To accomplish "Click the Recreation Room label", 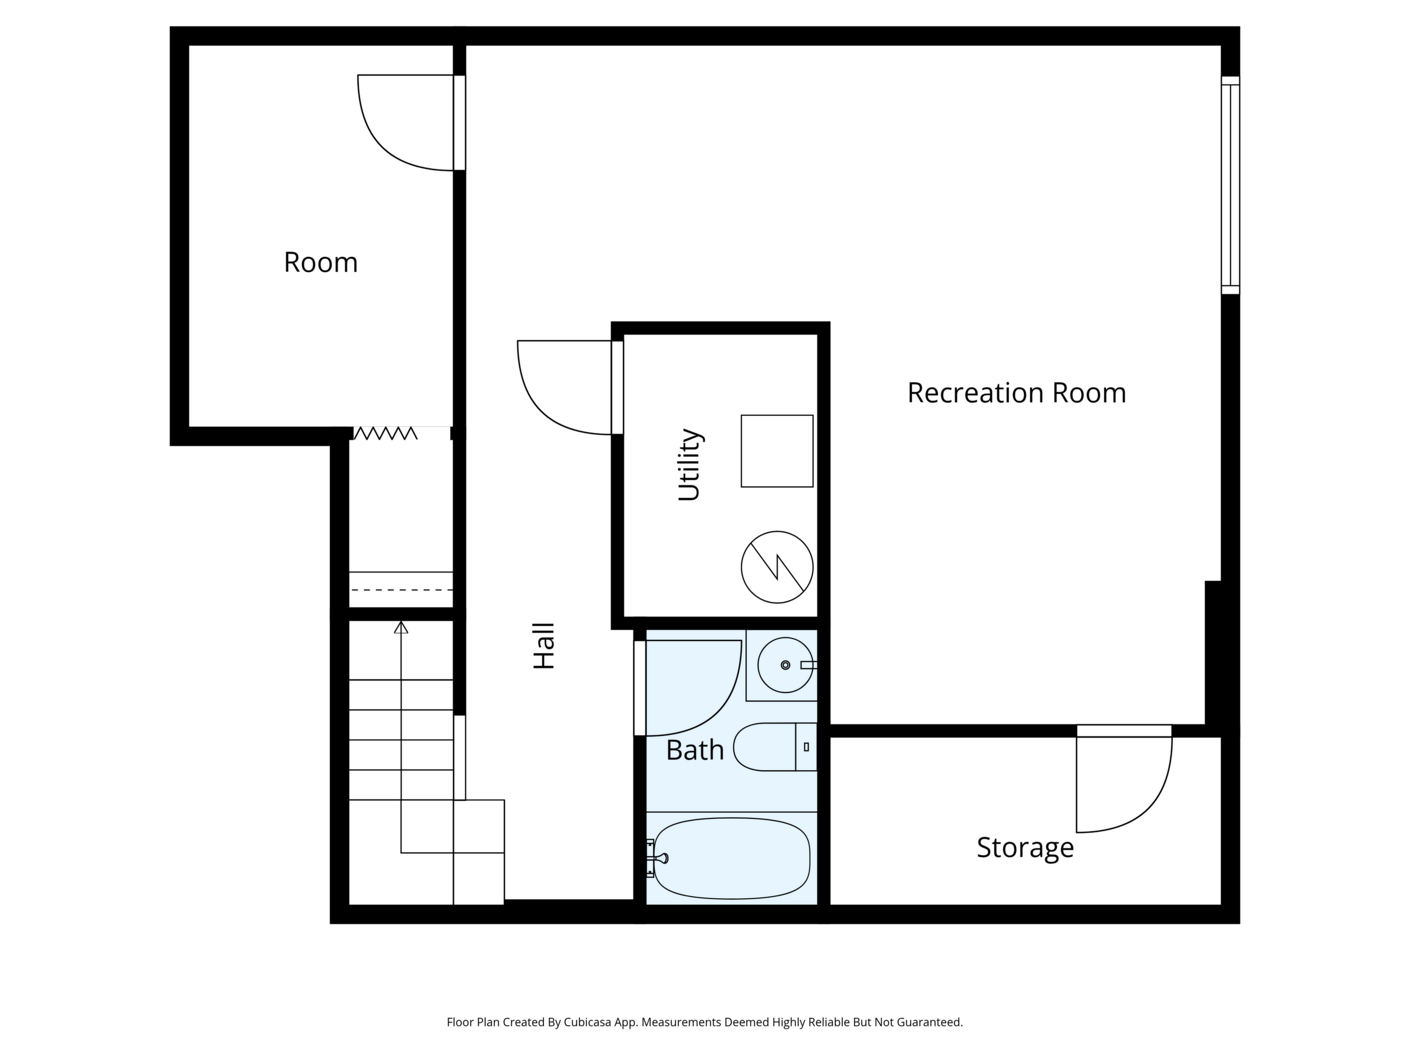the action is pyautogui.click(x=1017, y=393).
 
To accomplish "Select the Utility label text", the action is pyautogui.click(x=690, y=465).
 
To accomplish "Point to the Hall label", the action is pyautogui.click(x=545, y=645).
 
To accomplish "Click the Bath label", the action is pyautogui.click(x=695, y=751).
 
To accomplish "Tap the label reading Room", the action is pyautogui.click(x=321, y=263).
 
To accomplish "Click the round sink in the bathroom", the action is pyautogui.click(x=785, y=665).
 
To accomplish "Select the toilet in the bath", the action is pyautogui.click(x=775, y=747).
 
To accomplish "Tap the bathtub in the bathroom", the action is pyautogui.click(x=732, y=858).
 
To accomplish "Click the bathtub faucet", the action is pyautogui.click(x=658, y=858).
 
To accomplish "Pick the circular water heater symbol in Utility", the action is pyautogui.click(x=777, y=567).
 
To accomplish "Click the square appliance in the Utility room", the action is pyautogui.click(x=777, y=451).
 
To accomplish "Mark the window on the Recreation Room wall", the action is pyautogui.click(x=1230, y=185).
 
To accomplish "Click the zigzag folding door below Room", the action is pyautogui.click(x=385, y=433).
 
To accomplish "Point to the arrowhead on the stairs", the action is pyautogui.click(x=401, y=627).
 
